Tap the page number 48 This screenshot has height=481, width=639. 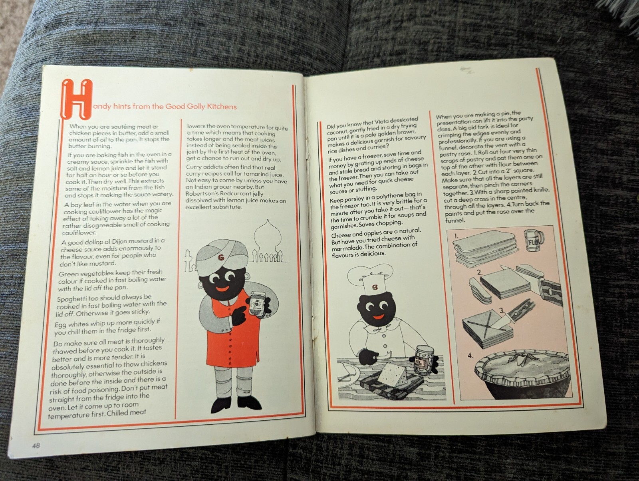(x=36, y=445)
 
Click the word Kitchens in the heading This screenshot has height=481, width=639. (x=222, y=107)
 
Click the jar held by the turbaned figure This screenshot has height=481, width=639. (x=258, y=302)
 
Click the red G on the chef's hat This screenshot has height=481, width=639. (x=375, y=287)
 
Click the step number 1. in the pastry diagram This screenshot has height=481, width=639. (x=456, y=237)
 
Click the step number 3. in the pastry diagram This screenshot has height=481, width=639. (x=502, y=310)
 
